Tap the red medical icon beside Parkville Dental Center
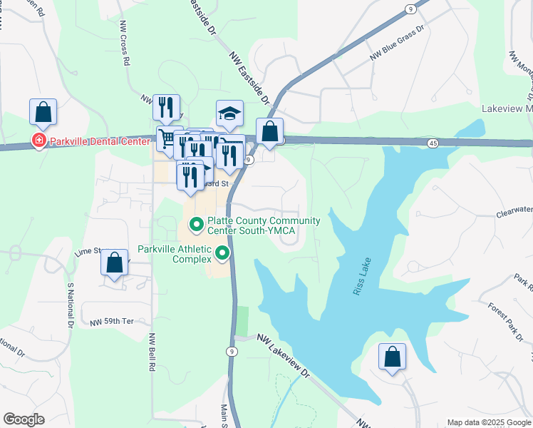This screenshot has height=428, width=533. point(37,141)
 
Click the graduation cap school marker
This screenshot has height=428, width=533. point(229,113)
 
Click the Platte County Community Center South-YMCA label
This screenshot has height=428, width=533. point(253,225)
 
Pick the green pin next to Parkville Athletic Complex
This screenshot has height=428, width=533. point(223,253)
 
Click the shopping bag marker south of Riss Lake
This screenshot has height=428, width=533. point(392,356)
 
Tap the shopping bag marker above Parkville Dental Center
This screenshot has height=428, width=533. point(43,111)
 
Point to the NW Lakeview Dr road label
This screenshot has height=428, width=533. point(284,357)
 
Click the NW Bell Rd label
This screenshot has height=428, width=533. point(152,352)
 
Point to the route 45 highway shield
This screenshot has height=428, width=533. point(433,143)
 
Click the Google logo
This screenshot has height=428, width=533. point(24,419)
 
